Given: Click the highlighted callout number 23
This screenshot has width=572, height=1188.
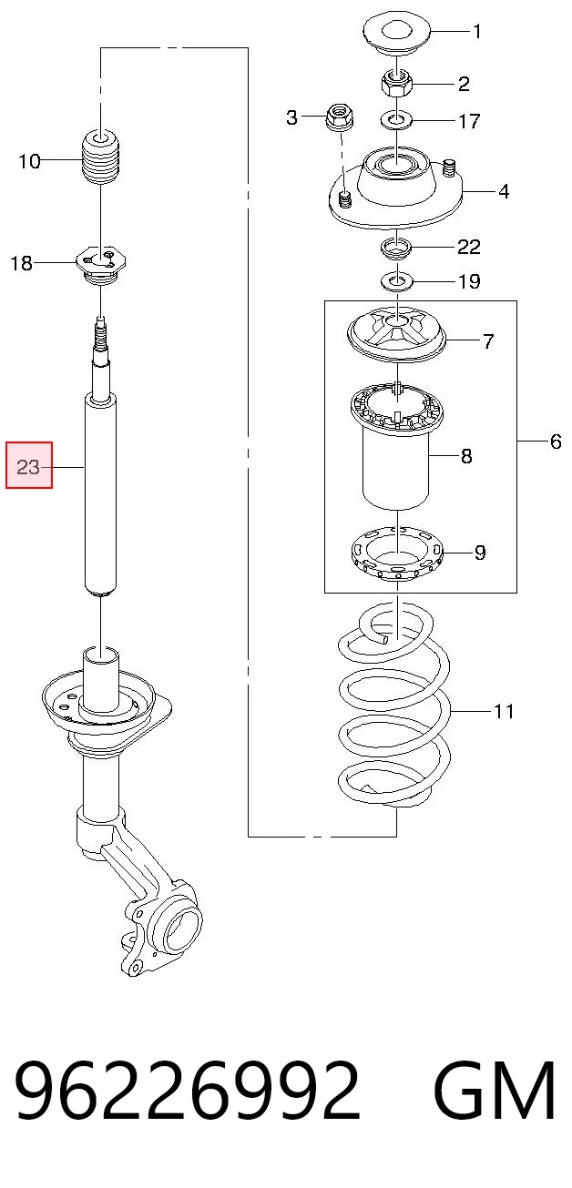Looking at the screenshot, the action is click(x=28, y=467).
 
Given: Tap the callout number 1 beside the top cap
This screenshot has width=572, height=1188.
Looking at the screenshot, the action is click(x=477, y=31).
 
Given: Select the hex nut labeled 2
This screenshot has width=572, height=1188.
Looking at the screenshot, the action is click(x=396, y=83).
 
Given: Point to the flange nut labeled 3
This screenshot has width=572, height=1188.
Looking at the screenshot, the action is click(x=339, y=117).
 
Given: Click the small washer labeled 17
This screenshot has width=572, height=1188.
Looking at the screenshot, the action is click(x=396, y=120).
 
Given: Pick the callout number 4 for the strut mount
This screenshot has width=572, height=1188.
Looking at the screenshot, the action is click(x=504, y=191).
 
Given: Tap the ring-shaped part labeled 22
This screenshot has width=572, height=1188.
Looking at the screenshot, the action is click(x=397, y=248).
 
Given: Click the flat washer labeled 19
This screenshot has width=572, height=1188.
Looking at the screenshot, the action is click(x=397, y=280).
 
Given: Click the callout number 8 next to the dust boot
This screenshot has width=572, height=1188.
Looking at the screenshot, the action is click(x=466, y=455).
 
